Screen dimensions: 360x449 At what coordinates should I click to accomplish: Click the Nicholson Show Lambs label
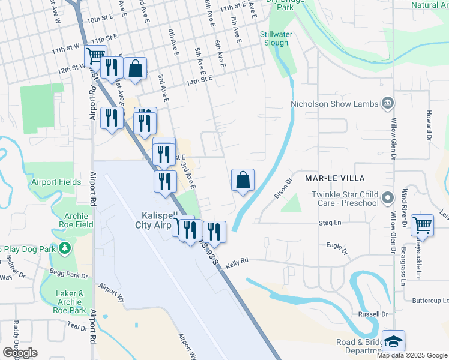(x=334, y=104)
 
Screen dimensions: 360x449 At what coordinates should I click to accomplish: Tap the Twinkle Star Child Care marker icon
(x=388, y=197)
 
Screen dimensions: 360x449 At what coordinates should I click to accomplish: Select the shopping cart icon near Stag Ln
(x=423, y=226)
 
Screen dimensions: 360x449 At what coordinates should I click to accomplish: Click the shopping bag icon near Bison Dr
(x=243, y=179)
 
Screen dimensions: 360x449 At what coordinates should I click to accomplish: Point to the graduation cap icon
(x=393, y=341)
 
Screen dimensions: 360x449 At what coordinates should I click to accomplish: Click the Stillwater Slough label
(x=276, y=38)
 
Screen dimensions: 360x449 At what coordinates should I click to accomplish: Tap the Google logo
(x=20, y=353)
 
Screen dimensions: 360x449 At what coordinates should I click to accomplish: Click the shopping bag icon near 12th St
(x=136, y=68)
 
